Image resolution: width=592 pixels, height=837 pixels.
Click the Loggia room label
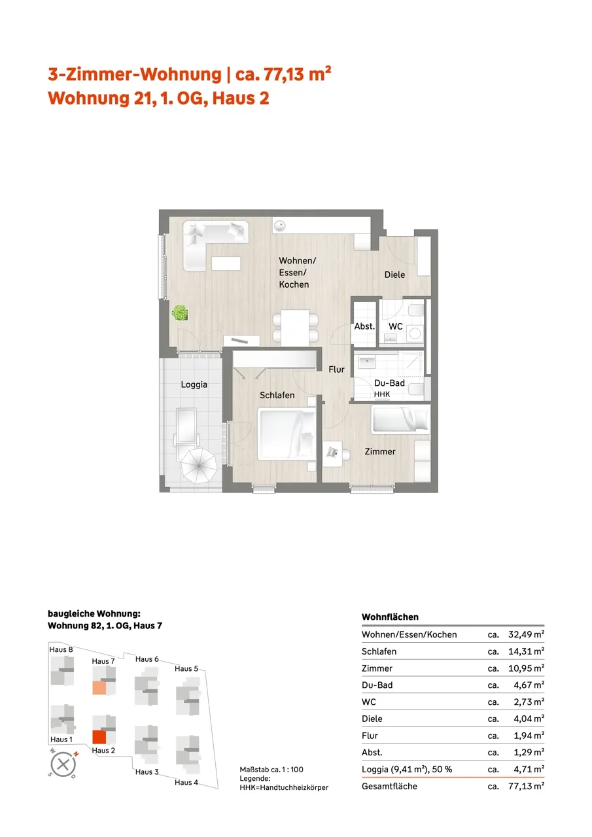tap(194, 385)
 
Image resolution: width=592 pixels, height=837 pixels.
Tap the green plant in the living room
tap(180, 313)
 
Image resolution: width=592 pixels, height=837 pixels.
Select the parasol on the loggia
tap(200, 466)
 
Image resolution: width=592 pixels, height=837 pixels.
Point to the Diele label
tap(394, 275)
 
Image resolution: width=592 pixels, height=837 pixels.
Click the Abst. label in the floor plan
tap(364, 326)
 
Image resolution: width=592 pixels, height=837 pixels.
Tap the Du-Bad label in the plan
tap(389, 383)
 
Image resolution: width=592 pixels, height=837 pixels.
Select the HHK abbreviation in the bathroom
tap(382, 394)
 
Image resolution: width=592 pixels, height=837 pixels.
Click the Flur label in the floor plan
tap(336, 369)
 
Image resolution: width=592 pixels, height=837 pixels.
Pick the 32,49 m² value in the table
tap(526, 634)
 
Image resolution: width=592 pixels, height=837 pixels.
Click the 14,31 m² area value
tap(526, 651)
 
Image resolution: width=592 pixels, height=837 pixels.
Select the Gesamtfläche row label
tap(389, 786)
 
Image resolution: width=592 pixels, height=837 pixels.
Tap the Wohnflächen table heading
tap(390, 617)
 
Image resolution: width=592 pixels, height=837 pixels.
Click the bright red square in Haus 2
tap(99, 737)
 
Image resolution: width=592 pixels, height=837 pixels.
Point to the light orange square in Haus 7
tap(99, 688)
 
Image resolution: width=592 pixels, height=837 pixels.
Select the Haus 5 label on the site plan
tap(186, 668)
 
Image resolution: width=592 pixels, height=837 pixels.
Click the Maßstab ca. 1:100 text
tap(271, 770)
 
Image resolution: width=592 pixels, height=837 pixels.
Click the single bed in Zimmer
tap(401, 420)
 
